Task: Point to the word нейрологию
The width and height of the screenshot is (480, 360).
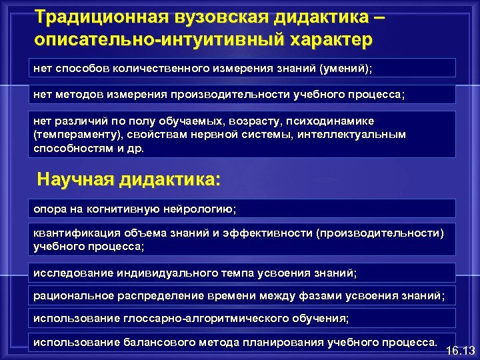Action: (x=198, y=209)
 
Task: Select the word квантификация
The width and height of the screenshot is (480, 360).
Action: (x=77, y=233)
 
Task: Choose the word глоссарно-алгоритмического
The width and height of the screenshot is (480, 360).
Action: (x=209, y=319)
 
